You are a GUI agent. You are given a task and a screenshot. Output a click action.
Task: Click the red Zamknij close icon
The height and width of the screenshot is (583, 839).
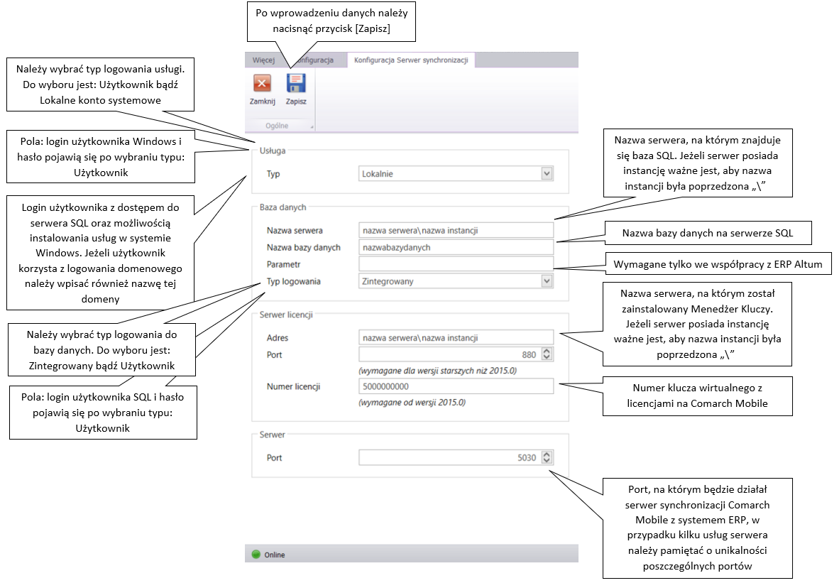(262, 84)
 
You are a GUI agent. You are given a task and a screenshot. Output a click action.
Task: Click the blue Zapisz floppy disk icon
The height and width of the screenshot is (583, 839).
(296, 84)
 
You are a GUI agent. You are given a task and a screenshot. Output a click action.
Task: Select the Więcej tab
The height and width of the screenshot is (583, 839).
(263, 60)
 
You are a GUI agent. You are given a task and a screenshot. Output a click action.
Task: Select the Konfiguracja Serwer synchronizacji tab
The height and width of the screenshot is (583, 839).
(411, 60)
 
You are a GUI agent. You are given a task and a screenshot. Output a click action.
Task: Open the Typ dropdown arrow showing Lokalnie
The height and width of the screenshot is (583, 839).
(547, 173)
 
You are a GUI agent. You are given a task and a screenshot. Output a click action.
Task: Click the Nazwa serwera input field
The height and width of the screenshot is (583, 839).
(456, 230)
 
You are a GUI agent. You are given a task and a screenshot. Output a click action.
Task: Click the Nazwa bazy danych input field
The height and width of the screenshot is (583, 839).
(456, 247)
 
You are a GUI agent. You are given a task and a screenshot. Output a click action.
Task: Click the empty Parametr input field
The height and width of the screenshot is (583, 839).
(456, 264)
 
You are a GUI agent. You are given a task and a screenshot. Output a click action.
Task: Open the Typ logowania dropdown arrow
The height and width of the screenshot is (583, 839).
(547, 281)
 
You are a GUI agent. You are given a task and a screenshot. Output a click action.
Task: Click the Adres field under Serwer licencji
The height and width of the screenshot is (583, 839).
(456, 338)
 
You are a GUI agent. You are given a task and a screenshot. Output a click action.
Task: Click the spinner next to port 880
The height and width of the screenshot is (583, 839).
(547, 354)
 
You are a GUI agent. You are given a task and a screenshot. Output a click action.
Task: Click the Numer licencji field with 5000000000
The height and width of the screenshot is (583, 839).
(456, 386)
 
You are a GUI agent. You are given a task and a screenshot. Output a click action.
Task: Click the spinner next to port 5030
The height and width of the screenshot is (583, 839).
(547, 458)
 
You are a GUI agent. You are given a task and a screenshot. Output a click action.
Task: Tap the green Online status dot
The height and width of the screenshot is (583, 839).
(256, 555)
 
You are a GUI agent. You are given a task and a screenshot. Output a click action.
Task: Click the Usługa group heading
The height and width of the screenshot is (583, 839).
(273, 151)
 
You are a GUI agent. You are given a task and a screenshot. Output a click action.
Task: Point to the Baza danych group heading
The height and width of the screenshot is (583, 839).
(283, 207)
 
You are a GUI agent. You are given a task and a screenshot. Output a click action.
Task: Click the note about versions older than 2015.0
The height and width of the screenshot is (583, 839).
(438, 371)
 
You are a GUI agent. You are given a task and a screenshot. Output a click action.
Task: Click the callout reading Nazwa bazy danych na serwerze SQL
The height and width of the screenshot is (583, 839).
(708, 233)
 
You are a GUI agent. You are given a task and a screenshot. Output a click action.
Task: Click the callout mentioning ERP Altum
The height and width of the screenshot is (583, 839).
(718, 264)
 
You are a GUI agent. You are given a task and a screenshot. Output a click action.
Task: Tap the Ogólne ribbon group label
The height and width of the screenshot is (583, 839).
(277, 126)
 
